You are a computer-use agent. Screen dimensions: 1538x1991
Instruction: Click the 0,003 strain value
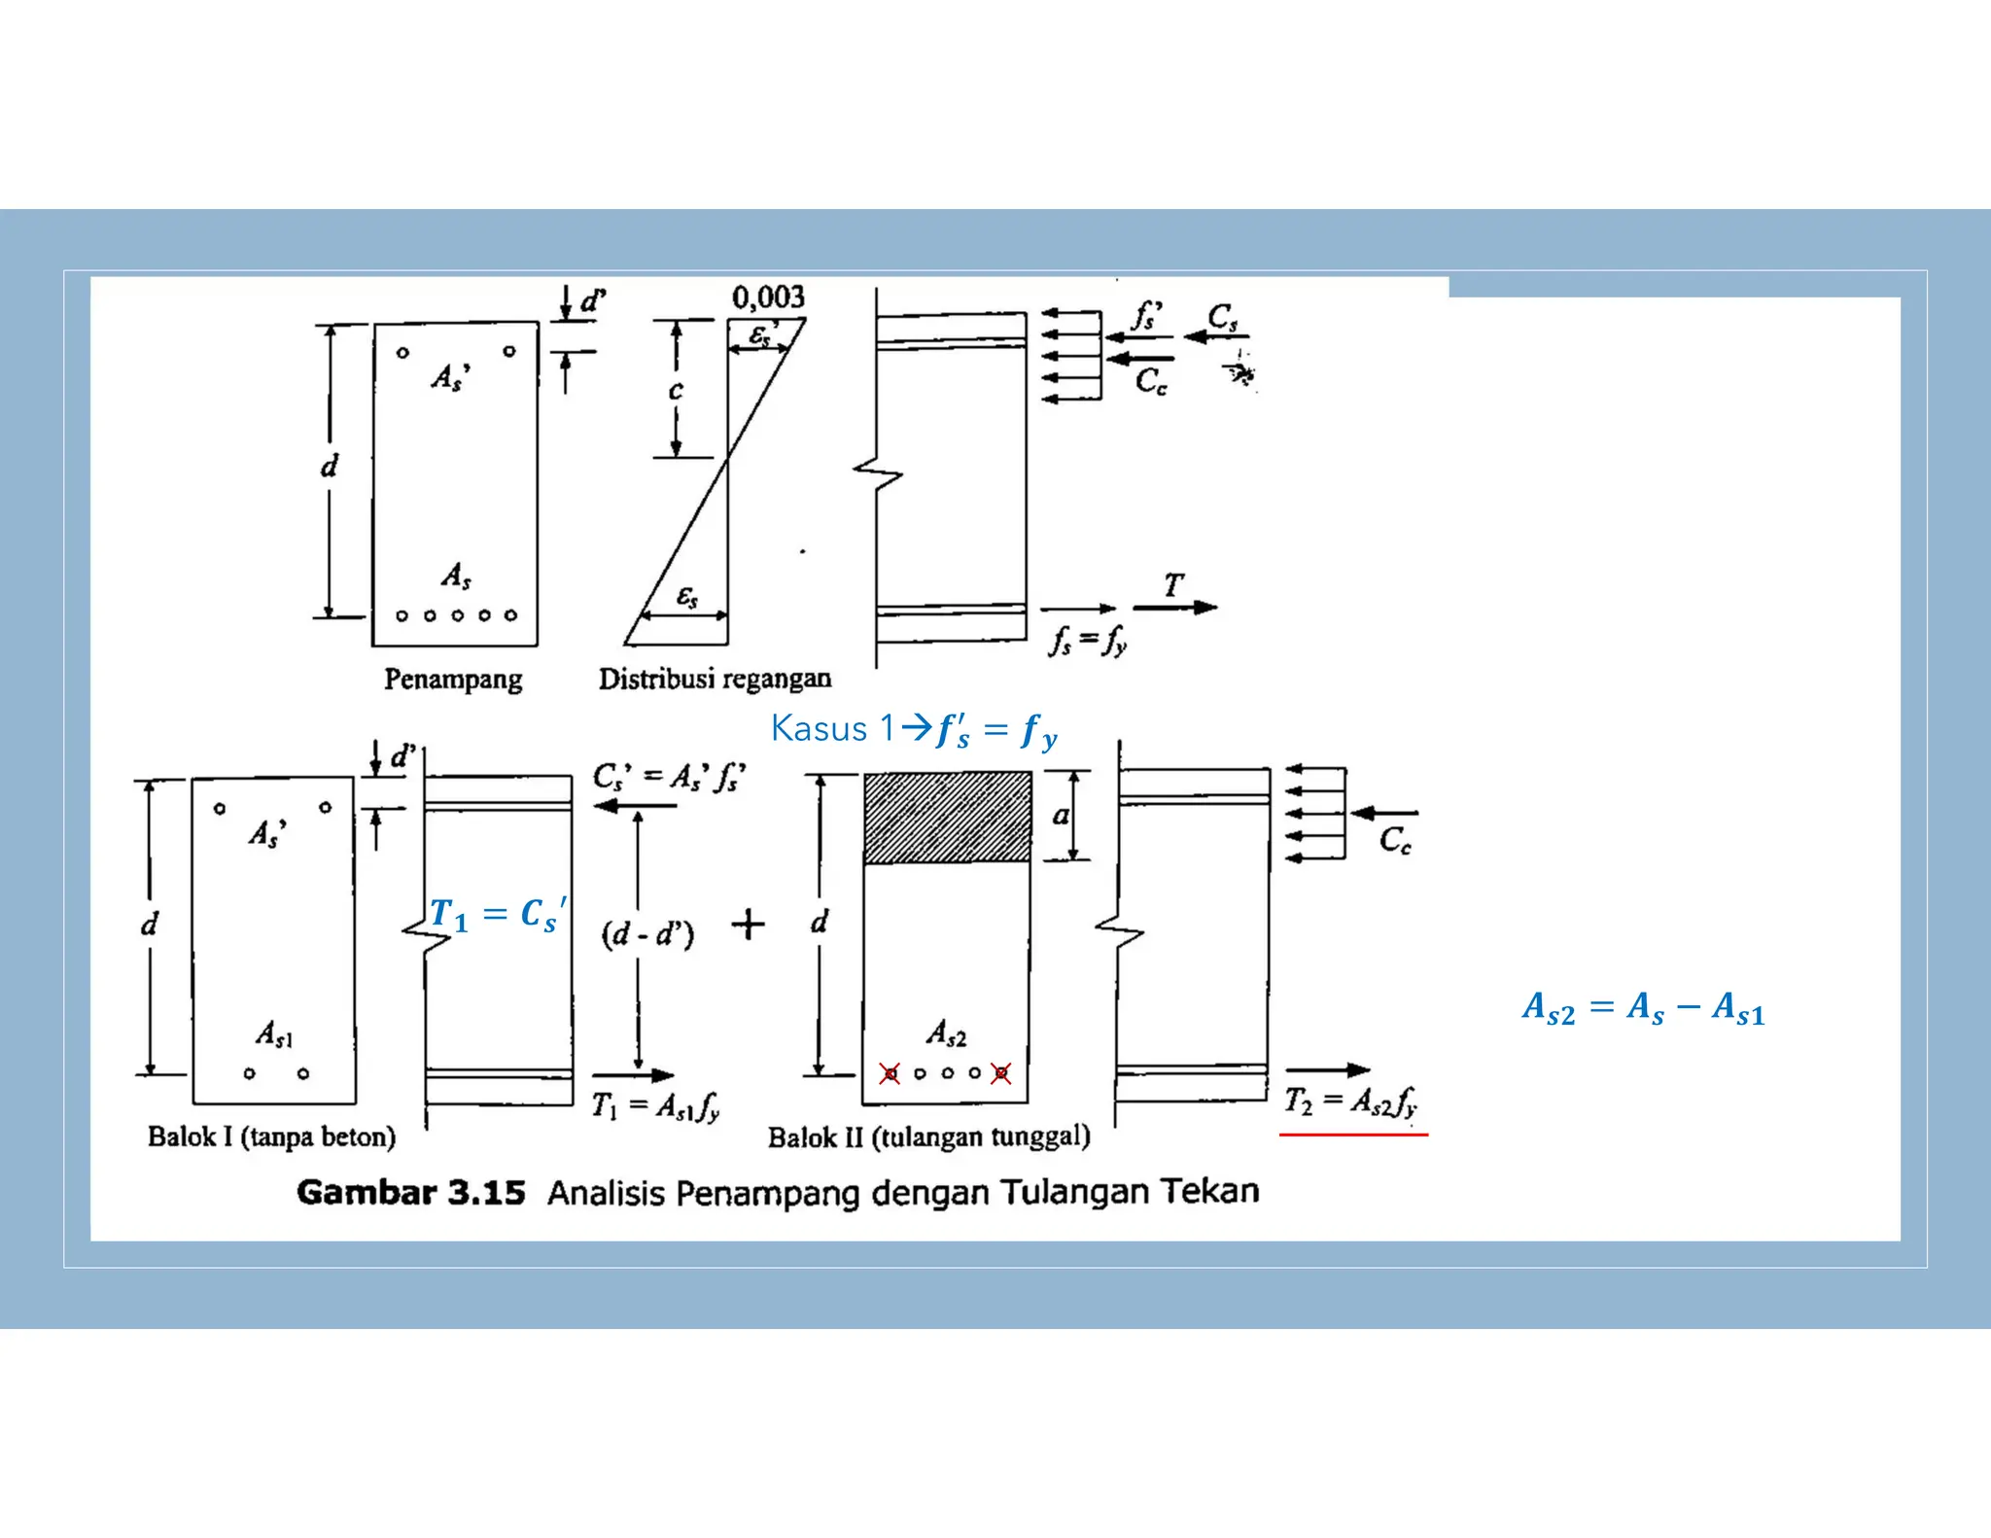click(x=768, y=297)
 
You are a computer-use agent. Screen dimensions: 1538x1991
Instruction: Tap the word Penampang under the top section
click(x=453, y=679)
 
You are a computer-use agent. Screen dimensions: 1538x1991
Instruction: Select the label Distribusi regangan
click(x=715, y=679)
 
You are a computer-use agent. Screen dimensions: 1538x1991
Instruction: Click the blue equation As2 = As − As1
click(x=1643, y=1008)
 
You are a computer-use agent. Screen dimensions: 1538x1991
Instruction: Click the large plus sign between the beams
click(x=748, y=924)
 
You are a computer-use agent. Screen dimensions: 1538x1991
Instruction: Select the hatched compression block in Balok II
click(x=948, y=817)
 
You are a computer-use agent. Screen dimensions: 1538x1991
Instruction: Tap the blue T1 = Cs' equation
click(x=498, y=914)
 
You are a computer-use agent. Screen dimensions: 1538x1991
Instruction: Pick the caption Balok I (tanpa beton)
click(x=271, y=1136)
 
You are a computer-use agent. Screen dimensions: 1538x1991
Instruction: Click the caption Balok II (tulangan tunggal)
click(x=928, y=1136)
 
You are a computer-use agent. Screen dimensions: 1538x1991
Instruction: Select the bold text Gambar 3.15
click(x=410, y=1192)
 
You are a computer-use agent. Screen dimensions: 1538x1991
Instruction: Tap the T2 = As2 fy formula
click(x=1350, y=1102)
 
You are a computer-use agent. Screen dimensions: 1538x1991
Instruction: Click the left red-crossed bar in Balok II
click(x=890, y=1073)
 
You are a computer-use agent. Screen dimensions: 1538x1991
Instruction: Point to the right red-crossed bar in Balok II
click(x=1001, y=1073)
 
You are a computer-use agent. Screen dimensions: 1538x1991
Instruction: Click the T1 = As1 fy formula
click(x=656, y=1106)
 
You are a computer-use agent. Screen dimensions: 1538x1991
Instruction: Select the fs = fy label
click(x=1088, y=641)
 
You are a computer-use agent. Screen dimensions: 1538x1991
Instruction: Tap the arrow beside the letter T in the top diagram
click(x=1175, y=608)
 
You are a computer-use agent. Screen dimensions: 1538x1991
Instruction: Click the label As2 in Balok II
click(x=946, y=1032)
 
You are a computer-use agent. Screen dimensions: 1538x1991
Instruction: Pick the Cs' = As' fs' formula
click(x=669, y=777)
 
